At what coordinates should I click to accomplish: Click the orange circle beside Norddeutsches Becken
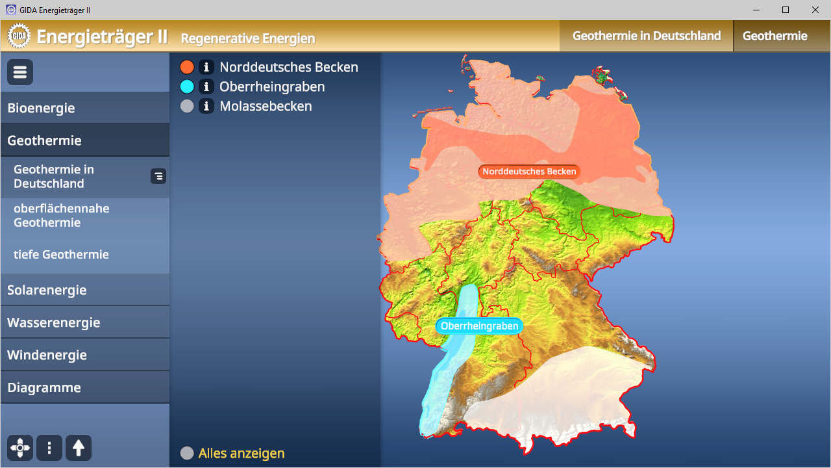(187, 67)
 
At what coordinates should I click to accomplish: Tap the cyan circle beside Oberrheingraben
(187, 86)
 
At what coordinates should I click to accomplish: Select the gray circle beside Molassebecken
(187, 106)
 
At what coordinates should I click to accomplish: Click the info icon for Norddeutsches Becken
(206, 67)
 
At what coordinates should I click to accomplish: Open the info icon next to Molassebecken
(206, 106)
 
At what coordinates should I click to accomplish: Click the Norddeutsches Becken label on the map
(529, 172)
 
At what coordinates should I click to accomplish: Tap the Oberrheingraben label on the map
(479, 326)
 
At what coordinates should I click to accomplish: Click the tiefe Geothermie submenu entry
(61, 254)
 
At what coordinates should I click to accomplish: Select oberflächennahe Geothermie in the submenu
(61, 215)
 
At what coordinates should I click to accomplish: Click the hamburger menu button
(20, 72)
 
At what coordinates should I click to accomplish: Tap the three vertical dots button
(49, 448)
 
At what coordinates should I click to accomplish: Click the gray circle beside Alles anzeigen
(187, 453)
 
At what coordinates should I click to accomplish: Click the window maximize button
(786, 10)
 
